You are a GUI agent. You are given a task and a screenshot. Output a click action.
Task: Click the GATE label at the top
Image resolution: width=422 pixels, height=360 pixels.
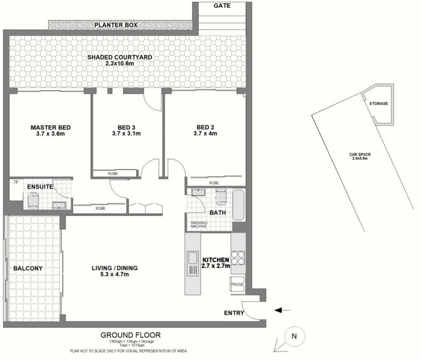[x=222, y=6]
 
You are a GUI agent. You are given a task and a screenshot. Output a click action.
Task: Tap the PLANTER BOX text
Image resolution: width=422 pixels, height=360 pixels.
[x=116, y=25]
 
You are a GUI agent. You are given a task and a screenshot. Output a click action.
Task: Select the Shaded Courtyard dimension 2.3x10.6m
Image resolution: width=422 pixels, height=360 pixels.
[x=120, y=63]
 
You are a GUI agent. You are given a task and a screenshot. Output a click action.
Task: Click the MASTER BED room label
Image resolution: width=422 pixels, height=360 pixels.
[x=51, y=128]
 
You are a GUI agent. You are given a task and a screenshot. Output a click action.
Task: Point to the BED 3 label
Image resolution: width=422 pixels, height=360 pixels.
[x=126, y=128]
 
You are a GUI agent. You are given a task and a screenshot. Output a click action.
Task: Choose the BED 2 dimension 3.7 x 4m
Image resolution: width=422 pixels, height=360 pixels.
[x=205, y=133]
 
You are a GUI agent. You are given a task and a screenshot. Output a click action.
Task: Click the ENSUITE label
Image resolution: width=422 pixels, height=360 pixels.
[x=40, y=187]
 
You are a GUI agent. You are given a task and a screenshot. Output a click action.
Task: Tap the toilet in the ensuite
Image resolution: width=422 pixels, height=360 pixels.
[x=34, y=200]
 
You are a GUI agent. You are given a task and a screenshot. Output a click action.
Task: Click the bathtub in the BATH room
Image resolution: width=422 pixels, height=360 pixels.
[x=238, y=205]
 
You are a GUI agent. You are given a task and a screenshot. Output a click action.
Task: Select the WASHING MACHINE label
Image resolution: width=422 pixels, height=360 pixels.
[x=199, y=225]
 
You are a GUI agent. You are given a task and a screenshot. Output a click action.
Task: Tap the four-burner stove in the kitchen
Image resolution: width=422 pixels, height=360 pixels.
[x=238, y=258]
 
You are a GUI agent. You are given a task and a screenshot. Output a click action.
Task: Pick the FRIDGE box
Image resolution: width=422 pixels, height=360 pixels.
[x=237, y=284]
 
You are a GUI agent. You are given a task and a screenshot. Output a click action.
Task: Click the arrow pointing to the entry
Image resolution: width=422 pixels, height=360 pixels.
[x=282, y=310]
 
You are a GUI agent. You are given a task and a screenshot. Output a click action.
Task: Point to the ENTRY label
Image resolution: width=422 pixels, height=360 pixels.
[x=234, y=313]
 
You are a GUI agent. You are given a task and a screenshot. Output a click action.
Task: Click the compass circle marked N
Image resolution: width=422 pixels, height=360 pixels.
[x=295, y=336]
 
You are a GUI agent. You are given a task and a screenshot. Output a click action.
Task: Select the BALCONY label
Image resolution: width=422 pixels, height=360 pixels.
[x=28, y=268]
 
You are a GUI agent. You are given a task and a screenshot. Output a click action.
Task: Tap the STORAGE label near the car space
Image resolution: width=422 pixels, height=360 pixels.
[x=378, y=103]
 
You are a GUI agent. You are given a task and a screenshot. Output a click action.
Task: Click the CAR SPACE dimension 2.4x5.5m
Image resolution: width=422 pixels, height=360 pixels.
[x=360, y=158]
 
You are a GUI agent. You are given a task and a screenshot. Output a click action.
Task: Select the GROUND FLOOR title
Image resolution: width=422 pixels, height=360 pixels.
[x=130, y=335]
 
